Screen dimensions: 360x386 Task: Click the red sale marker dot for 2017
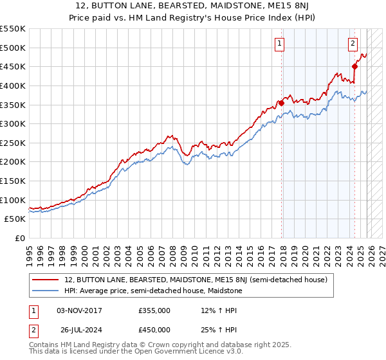pyautogui.click(x=281, y=102)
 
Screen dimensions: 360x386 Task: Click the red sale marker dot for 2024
pyautogui.click(x=354, y=66)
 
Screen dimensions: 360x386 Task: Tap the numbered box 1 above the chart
pyautogui.click(x=280, y=44)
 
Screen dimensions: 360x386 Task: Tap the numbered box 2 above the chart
pyautogui.click(x=353, y=44)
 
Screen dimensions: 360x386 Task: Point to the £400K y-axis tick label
pyautogui.click(x=13, y=85)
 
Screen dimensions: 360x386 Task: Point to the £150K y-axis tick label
pyautogui.click(x=13, y=181)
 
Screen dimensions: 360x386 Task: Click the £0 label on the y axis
pyautogui.click(x=19, y=238)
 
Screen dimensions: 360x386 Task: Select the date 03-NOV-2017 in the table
pyautogui.click(x=79, y=310)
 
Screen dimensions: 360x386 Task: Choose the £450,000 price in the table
pyautogui.click(x=154, y=330)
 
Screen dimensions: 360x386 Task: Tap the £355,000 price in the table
pyautogui.click(x=154, y=310)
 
